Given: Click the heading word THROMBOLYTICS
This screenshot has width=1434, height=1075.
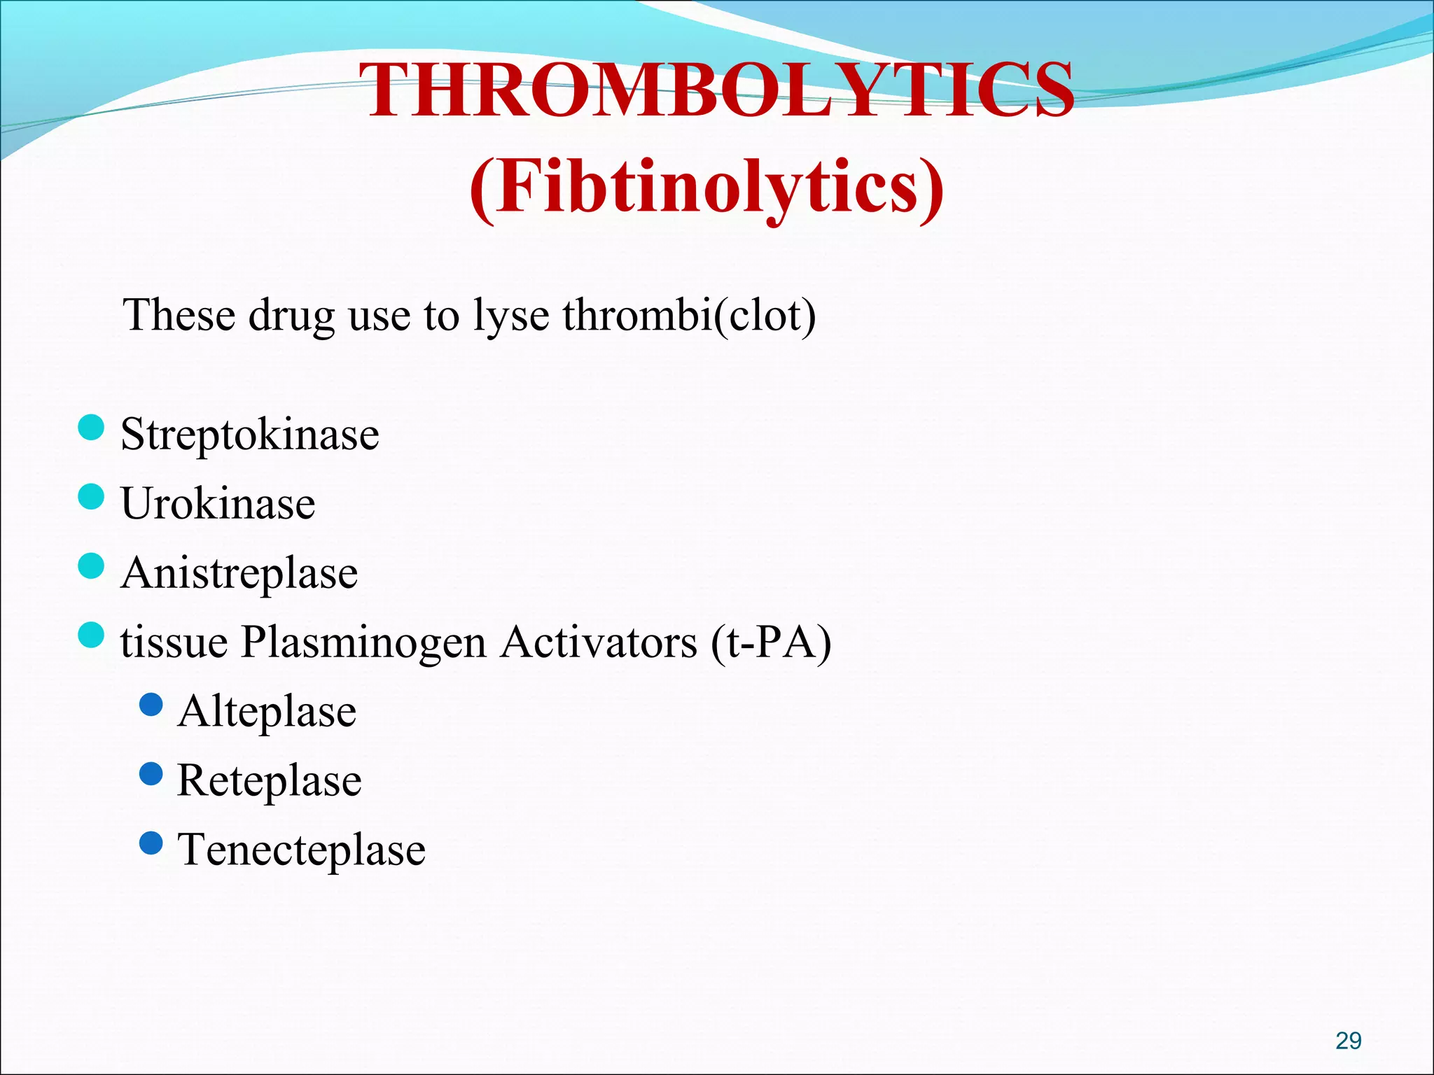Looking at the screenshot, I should coord(720,91).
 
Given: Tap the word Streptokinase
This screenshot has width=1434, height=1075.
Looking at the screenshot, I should coord(249,434).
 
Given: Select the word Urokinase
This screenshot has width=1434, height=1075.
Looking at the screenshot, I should coord(218,503).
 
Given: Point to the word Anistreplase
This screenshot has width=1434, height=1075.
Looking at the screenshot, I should coord(239,572).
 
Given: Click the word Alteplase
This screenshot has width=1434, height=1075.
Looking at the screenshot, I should coord(267,711).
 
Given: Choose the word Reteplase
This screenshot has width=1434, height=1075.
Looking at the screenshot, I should coord(270,780).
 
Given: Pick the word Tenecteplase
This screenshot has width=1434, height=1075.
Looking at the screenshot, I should coord(301,850).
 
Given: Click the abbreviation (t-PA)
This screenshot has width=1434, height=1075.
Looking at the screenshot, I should coord(770,642).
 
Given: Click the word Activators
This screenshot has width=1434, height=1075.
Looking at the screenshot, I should coord(599,642).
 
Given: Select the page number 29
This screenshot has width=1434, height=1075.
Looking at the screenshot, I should coord(1348,1041).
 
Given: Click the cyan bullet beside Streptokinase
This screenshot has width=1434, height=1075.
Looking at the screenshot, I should coord(91,427).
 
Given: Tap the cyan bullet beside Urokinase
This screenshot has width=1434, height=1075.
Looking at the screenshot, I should coord(91,496).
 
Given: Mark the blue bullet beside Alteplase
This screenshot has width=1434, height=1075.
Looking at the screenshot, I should coord(151,705).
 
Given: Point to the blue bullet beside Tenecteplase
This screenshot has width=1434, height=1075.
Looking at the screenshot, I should coord(151,843).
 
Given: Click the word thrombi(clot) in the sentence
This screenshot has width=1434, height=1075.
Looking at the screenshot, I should coord(689,315).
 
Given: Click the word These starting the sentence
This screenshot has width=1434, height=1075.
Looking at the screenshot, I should coord(179,315).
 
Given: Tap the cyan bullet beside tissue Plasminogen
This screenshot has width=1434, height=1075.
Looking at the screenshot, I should coord(91,635).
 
